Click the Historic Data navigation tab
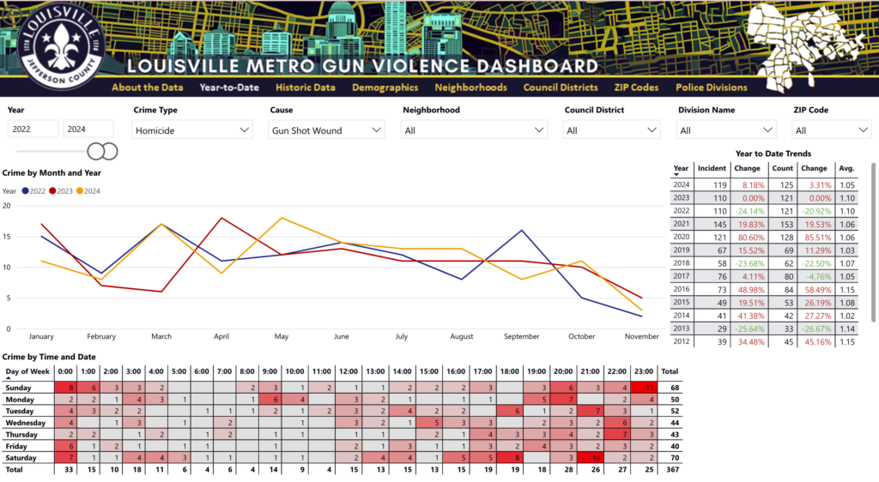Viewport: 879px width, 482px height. coord(305,87)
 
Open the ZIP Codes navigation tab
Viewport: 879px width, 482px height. coord(636,87)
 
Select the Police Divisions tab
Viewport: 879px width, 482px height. coord(711,87)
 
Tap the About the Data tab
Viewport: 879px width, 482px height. coord(147,87)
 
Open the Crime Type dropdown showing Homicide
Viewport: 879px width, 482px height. coord(193,130)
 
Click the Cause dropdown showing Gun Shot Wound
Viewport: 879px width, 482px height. coord(326,130)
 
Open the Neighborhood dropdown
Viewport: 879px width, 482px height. coord(475,130)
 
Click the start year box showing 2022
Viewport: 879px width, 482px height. coord(33,130)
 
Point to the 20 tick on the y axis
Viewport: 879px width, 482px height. coord(7,206)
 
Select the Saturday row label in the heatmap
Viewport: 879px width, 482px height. coord(21,458)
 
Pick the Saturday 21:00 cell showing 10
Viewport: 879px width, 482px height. coord(593,458)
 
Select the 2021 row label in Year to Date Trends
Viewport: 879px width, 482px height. coord(681,224)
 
